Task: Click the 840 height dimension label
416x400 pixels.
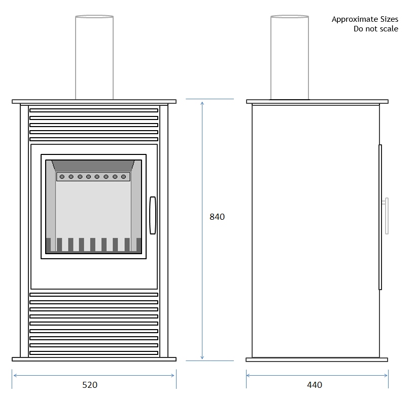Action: tap(217, 217)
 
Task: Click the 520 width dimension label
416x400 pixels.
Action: tap(90, 385)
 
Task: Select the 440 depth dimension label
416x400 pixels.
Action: tap(315, 385)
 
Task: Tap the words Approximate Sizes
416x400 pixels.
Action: tap(365, 19)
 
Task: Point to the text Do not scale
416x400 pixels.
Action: tap(375, 29)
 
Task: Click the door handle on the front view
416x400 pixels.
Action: tap(153, 215)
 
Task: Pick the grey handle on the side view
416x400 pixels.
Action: tap(387, 216)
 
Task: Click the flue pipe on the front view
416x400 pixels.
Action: tap(94, 58)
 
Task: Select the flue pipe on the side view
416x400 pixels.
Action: tap(290, 58)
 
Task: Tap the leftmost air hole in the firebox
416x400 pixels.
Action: tap(62, 177)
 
